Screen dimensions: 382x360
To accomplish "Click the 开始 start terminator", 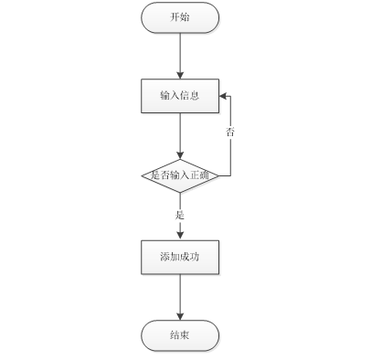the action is tap(180, 17).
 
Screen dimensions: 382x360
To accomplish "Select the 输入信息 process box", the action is tap(180, 96).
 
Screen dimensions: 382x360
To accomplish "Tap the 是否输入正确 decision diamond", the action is tap(180, 175).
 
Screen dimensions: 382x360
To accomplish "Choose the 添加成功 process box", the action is tap(180, 258).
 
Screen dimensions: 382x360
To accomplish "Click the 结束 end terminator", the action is tap(180, 335).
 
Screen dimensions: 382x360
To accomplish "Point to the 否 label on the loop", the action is tap(230, 132).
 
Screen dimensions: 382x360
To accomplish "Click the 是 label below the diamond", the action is tap(180, 215).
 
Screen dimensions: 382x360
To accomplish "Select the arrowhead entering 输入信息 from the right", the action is tap(223, 96).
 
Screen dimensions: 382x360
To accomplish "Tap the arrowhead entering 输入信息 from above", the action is tap(180, 76).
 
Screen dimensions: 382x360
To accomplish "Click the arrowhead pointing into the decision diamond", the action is tap(180, 155).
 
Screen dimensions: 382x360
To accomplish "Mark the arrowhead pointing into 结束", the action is tap(180, 317).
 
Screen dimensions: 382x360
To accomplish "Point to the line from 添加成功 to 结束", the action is tap(180, 297).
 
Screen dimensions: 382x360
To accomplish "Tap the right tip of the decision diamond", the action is tap(218, 175).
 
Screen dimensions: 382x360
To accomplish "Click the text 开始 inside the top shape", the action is tap(180, 17).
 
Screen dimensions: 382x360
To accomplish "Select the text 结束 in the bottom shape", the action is tap(180, 335).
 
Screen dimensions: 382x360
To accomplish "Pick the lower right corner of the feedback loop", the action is tap(230, 175).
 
